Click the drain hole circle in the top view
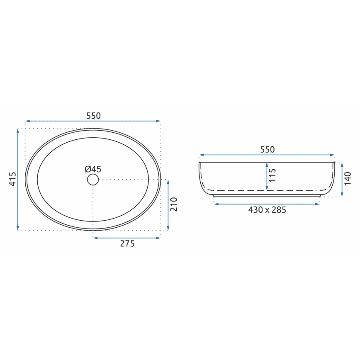click(93, 180)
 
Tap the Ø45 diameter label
click(93, 169)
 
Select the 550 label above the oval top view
click(93, 116)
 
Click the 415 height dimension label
click(12, 179)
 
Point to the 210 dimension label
click(174, 204)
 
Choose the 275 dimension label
click(127, 244)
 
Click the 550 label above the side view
click(267, 150)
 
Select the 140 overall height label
click(348, 179)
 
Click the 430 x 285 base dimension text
click(267, 210)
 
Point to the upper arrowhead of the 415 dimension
click(18, 131)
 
